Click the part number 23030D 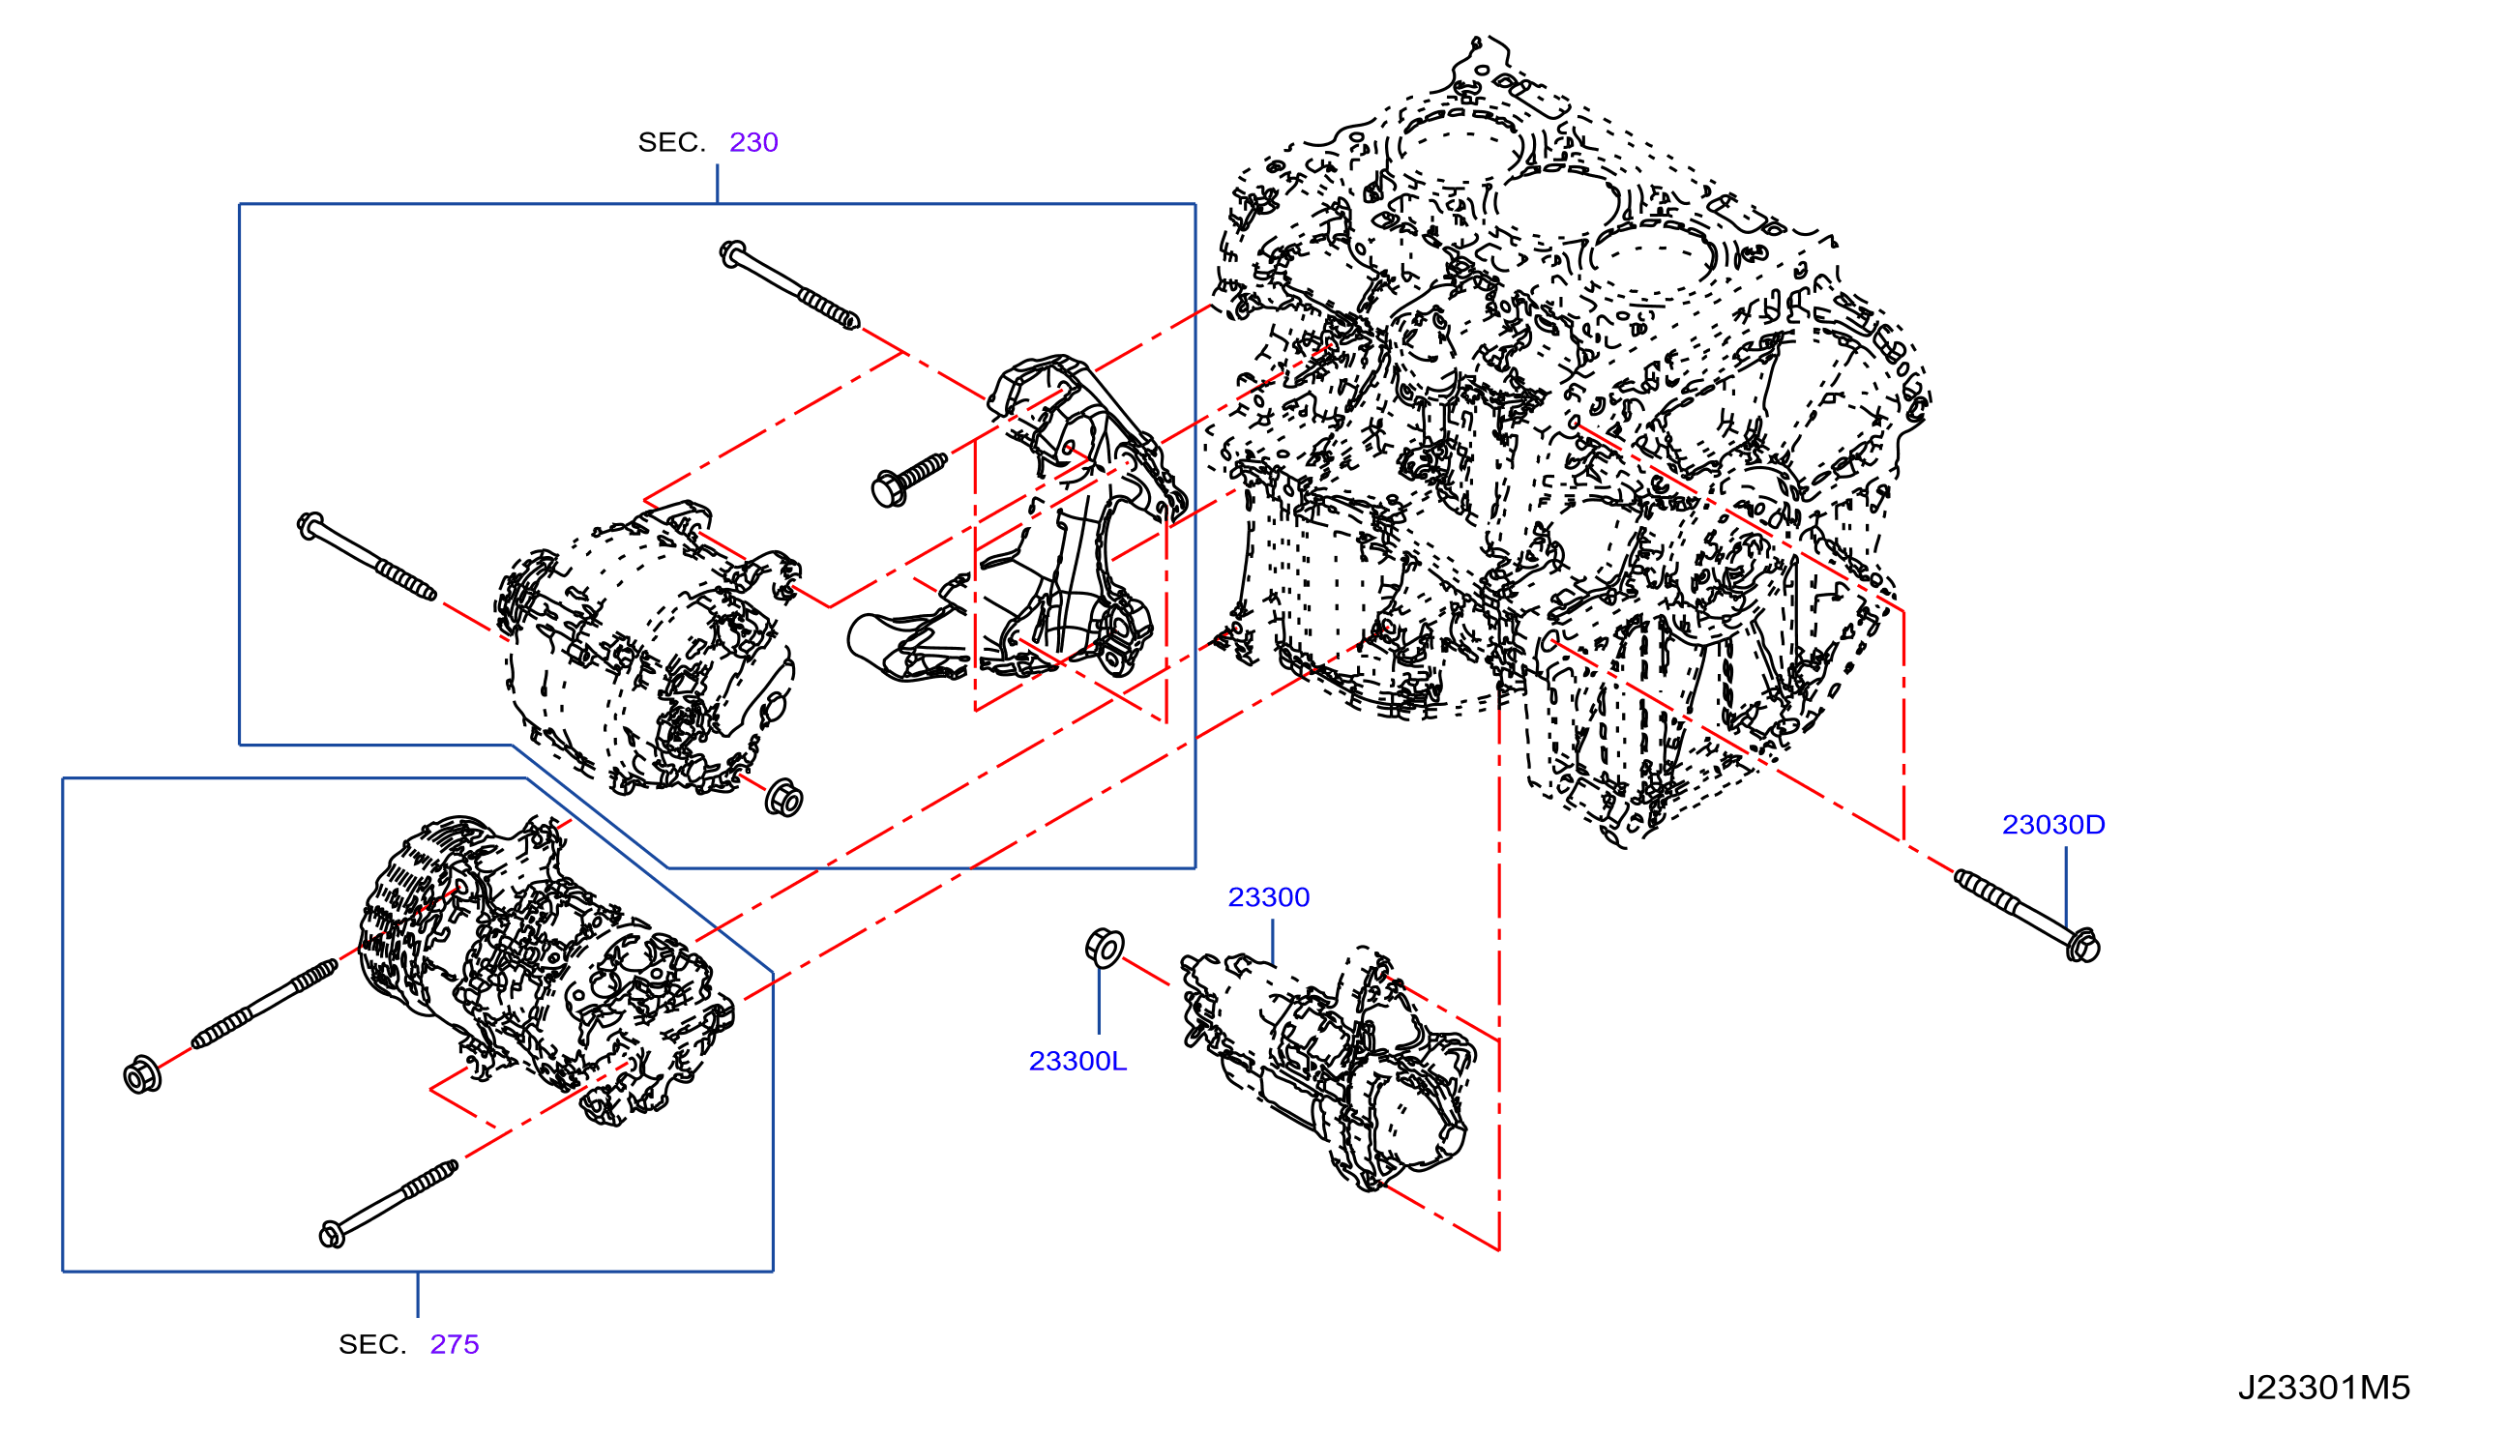point(2052,824)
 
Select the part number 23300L point(1077,1061)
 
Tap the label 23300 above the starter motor point(1268,897)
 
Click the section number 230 point(753,142)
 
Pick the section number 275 point(455,1344)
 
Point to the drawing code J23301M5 point(2323,1388)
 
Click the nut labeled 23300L point(1105,948)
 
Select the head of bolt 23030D point(2082,946)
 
